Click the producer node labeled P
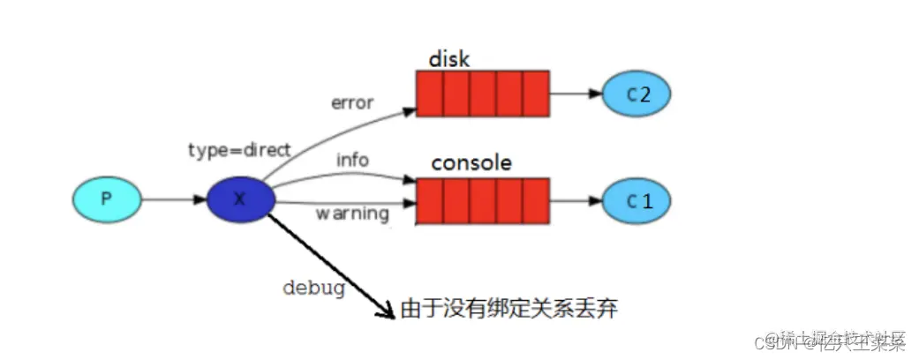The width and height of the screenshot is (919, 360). [x=107, y=199]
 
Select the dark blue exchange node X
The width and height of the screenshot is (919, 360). [x=241, y=199]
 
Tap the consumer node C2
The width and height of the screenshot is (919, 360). [x=637, y=94]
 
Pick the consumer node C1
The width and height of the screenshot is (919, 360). [x=637, y=201]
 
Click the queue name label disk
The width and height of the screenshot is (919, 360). [x=449, y=59]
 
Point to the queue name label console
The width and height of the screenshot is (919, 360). [x=471, y=164]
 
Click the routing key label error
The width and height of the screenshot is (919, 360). [x=352, y=103]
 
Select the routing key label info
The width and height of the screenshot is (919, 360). [x=352, y=161]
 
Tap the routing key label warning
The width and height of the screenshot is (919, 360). [x=352, y=214]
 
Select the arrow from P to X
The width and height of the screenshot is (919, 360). [x=173, y=199]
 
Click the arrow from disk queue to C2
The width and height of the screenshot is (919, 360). [x=575, y=94]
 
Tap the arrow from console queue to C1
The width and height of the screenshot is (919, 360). [x=575, y=201]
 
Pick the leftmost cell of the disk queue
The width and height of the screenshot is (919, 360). [x=430, y=94]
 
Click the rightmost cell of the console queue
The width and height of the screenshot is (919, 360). [x=536, y=201]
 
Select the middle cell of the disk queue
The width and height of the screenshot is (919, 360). [x=483, y=94]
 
